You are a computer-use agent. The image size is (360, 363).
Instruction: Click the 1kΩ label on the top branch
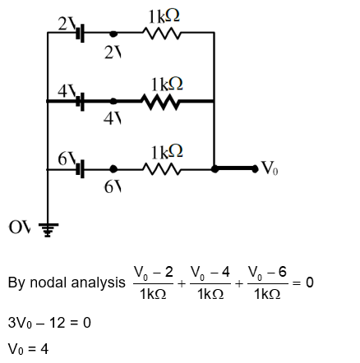(x=164, y=16)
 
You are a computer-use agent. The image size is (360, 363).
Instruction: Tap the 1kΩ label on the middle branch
(x=165, y=85)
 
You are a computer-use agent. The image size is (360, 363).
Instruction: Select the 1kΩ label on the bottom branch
(x=165, y=152)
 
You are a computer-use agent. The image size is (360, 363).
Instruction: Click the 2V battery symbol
(x=80, y=34)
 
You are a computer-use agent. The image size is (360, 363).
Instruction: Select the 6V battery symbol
(x=80, y=169)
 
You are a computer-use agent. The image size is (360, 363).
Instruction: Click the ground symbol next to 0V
(x=48, y=229)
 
